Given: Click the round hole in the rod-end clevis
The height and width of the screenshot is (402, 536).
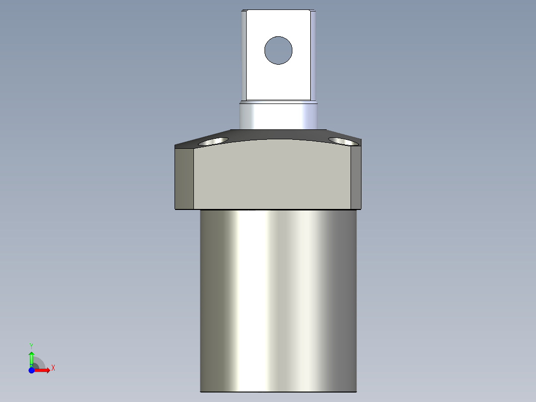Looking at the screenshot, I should [278, 50].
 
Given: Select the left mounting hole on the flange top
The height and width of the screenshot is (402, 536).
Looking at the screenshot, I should [213, 142].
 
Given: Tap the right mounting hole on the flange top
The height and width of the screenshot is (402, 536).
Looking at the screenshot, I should [343, 141].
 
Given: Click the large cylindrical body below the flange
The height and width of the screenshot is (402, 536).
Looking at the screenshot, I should [278, 299].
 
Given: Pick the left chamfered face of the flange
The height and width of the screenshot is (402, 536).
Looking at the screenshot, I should [184, 178].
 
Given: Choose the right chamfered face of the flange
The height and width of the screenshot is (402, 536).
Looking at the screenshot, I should [356, 178].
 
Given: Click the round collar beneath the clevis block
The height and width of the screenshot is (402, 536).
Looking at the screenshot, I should [278, 115].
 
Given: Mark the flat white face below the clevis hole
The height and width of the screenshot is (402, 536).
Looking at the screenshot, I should [278, 82].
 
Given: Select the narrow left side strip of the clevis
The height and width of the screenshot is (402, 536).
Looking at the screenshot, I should [244, 55].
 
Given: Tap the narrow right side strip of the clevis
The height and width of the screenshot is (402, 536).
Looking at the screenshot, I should [313, 55].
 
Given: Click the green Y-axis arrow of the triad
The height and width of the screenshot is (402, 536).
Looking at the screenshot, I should [31, 357].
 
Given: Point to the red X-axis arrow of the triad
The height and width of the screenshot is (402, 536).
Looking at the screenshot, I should [44, 370].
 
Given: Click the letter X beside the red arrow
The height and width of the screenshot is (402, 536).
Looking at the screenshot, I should [53, 368].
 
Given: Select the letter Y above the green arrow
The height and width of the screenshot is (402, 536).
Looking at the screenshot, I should [31, 345].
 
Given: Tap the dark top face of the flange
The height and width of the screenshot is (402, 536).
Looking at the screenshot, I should [278, 134].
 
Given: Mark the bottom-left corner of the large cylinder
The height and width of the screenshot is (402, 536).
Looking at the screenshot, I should [201, 391].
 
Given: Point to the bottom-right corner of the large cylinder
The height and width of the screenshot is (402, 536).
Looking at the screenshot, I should [356, 391].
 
